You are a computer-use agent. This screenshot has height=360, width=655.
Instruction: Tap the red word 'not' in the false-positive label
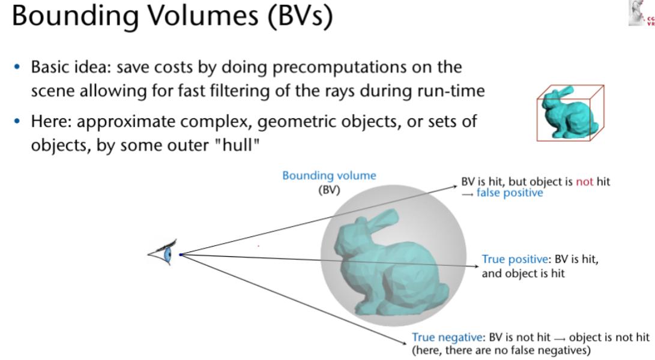tap(584, 182)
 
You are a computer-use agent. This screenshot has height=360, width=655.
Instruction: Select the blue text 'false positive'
tap(510, 193)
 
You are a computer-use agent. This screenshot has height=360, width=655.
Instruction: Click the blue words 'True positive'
tap(515, 259)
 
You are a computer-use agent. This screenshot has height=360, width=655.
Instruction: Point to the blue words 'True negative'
tap(447, 337)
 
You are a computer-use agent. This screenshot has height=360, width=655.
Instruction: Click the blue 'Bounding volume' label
tap(329, 175)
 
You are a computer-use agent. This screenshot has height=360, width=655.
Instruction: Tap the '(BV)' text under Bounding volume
tap(329, 190)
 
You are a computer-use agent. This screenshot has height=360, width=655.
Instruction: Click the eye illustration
tap(163, 252)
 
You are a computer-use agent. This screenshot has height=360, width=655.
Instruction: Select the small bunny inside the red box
tap(569, 112)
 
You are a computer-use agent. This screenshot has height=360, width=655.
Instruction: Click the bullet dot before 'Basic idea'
tap(17, 67)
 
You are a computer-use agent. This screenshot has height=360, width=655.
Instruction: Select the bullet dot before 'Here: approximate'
tap(17, 122)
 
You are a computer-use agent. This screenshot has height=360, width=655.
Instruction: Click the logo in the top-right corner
tap(641, 13)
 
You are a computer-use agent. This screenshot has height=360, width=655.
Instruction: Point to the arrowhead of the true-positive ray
tap(476, 266)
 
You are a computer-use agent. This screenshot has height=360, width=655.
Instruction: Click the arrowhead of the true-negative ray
tap(404, 343)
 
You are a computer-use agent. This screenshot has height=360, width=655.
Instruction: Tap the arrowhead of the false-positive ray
tap(455, 186)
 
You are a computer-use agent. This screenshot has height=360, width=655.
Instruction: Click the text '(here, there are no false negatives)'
tap(501, 350)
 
